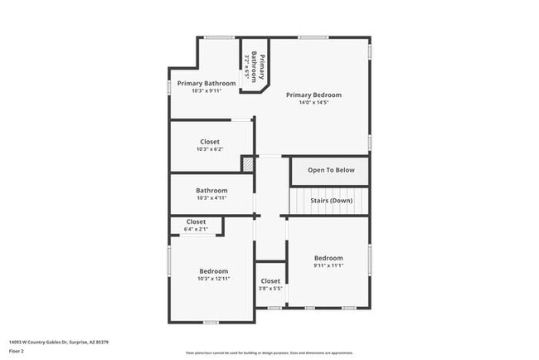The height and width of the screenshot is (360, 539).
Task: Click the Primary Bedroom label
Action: point(313,95)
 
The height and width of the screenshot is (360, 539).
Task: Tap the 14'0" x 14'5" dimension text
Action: point(313,102)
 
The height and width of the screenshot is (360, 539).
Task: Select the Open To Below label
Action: point(331,170)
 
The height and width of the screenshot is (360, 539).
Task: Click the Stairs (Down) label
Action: point(331,201)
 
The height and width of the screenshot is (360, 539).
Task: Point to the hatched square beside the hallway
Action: point(247,164)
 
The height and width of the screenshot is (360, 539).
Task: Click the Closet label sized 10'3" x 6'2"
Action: point(210,142)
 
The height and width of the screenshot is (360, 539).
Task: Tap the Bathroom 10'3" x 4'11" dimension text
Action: point(211,198)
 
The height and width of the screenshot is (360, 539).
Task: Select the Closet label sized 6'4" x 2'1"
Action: point(196,221)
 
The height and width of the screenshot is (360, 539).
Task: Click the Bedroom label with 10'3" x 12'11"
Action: point(213,271)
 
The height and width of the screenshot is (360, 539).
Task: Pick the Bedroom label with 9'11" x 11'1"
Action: point(328,258)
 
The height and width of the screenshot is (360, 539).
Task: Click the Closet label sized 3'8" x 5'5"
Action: point(270,281)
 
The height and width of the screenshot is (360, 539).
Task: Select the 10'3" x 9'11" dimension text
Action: point(206,90)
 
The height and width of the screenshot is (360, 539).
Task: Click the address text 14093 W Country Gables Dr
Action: point(58,342)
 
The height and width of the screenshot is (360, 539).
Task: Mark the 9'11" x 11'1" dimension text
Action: point(328,265)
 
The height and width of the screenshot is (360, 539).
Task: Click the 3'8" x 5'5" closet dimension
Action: point(270,289)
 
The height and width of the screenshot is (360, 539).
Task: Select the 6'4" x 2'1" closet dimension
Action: point(196,228)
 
